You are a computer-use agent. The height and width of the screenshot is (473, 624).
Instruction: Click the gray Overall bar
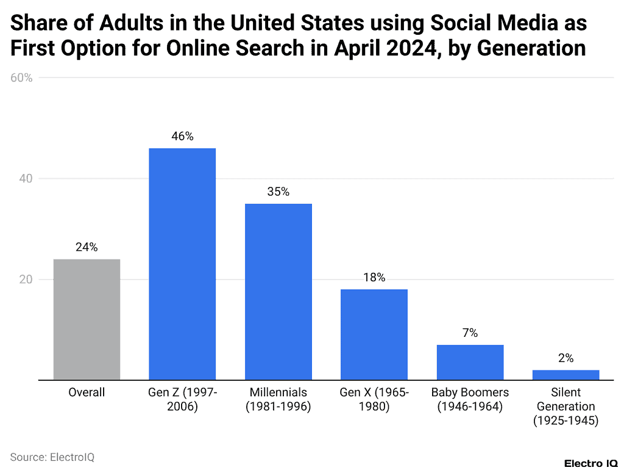[x=87, y=319]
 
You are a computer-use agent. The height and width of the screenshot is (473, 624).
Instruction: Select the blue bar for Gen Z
[x=182, y=264]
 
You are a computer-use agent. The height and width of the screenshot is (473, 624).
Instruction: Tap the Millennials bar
[x=278, y=291]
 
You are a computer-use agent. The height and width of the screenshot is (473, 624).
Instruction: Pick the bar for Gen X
[x=374, y=334]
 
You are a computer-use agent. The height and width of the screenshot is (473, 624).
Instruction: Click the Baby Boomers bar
[x=470, y=362]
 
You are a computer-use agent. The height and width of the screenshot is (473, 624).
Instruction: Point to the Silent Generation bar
[x=565, y=375]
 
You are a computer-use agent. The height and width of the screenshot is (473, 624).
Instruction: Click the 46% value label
[x=182, y=137]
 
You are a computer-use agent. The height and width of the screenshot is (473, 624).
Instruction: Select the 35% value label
[x=278, y=192]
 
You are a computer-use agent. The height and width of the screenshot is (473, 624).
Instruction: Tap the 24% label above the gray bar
[x=87, y=247]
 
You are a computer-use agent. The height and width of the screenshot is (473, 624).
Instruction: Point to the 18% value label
[x=374, y=277]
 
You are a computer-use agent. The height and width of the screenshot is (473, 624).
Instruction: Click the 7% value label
[x=470, y=333]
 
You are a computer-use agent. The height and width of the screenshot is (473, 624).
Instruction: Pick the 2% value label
[x=565, y=358]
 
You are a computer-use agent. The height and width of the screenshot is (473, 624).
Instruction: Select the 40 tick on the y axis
[x=25, y=179]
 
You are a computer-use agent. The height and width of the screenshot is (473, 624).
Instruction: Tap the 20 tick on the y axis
[x=25, y=280]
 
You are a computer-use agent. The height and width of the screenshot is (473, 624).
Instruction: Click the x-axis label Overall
[x=87, y=392]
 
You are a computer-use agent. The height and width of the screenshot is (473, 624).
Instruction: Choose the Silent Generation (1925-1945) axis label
[x=565, y=406]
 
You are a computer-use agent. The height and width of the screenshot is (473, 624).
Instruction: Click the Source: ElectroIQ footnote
[x=52, y=457]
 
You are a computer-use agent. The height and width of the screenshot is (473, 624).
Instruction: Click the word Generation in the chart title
[x=531, y=48]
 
